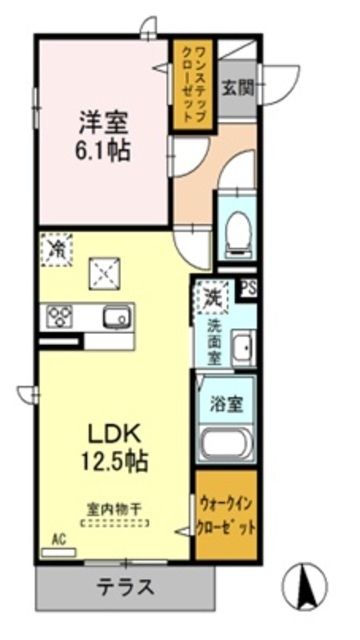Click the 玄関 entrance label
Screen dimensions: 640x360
click(237, 87)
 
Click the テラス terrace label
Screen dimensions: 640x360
click(125, 587)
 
